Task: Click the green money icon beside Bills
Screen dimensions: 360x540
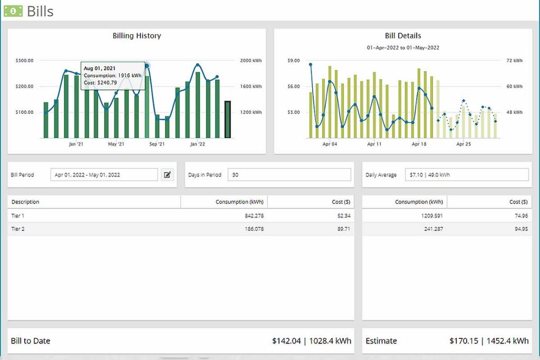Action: coord(13,11)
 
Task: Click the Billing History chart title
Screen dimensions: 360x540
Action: coord(137,36)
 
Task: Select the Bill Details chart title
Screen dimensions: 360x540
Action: coord(403,36)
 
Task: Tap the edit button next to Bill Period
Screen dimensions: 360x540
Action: coord(167,175)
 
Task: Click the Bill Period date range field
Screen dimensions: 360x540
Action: coord(104,175)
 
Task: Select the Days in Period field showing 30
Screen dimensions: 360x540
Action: coord(289,175)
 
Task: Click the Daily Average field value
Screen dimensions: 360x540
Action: coord(466,175)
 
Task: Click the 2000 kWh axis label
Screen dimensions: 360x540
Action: coord(250,61)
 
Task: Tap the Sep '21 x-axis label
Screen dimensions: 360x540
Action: coord(157,144)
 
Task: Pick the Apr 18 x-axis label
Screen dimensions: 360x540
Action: coord(419,144)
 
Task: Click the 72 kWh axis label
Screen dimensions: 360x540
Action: coord(514,61)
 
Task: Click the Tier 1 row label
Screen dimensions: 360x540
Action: coord(18,216)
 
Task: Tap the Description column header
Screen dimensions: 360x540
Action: coord(25,202)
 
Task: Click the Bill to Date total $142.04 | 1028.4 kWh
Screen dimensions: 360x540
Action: coord(311,341)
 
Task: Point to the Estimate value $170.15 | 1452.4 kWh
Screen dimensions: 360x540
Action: coord(489,341)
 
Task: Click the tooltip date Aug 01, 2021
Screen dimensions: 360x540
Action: coord(100,69)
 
